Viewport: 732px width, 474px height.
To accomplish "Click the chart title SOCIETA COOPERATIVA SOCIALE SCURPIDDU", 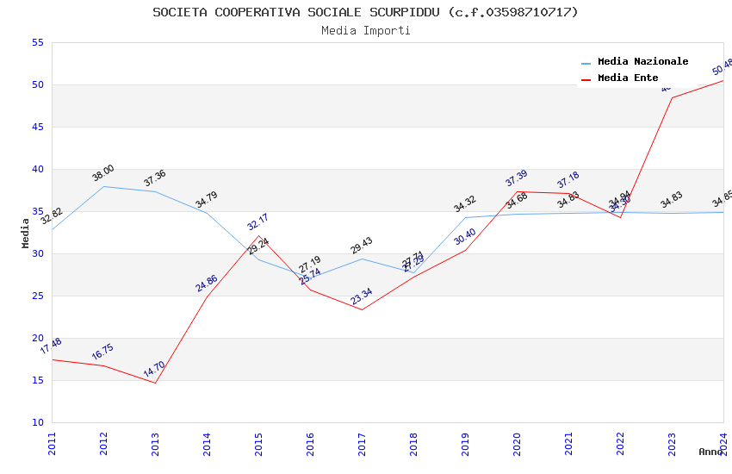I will pyautogui.click(x=365, y=12).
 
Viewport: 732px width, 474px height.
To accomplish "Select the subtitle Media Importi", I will pyautogui.click(x=365, y=31).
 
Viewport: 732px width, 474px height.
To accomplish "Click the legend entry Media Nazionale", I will pyautogui.click(x=642, y=62).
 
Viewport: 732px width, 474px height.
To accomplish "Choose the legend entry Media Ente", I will pyautogui.click(x=628, y=78).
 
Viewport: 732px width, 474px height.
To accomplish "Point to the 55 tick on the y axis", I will pyautogui.click(x=36, y=43).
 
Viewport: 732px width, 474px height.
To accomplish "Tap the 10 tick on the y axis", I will pyautogui.click(x=36, y=423).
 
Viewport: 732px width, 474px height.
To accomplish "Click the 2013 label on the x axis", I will pyautogui.click(x=156, y=445).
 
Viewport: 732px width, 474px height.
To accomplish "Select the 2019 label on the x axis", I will pyautogui.click(x=466, y=445).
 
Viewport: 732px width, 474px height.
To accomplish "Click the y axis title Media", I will pyautogui.click(x=26, y=233).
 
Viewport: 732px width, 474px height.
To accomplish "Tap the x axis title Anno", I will pyautogui.click(x=710, y=452).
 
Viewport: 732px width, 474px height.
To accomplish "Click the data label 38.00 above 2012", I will pyautogui.click(x=103, y=173).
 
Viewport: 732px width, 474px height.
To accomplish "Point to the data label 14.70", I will pyautogui.click(x=154, y=369).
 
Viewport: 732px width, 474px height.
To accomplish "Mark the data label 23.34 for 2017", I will pyautogui.click(x=361, y=297).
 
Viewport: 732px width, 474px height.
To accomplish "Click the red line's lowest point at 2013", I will pyautogui.click(x=156, y=383).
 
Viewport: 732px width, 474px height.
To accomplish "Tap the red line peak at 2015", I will pyautogui.click(x=258, y=235).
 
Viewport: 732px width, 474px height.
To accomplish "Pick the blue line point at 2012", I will pyautogui.click(x=104, y=186).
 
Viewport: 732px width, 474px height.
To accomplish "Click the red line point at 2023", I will pyautogui.click(x=672, y=97).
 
